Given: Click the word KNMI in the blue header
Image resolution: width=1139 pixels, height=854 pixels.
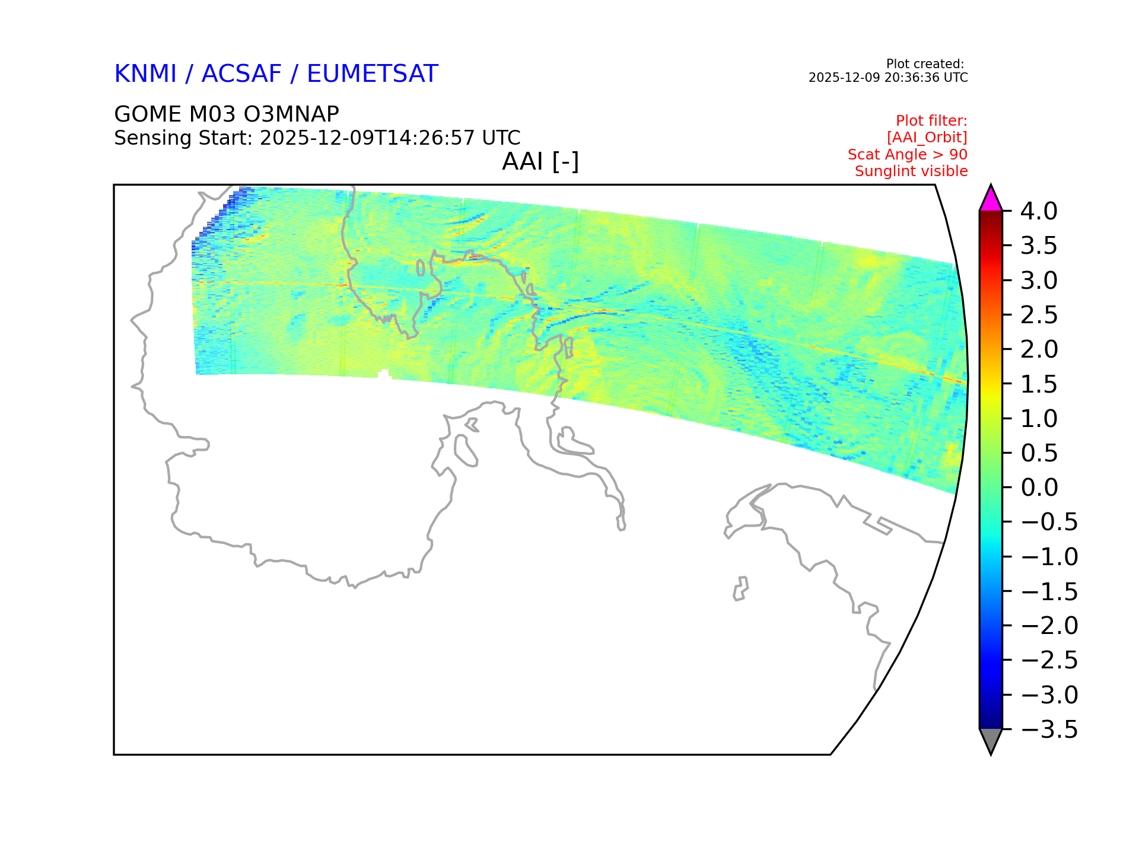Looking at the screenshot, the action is click(x=145, y=74).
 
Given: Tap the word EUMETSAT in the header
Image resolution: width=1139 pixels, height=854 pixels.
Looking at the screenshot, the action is click(x=373, y=74).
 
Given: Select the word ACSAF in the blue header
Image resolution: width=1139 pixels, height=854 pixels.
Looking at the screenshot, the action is click(x=241, y=74).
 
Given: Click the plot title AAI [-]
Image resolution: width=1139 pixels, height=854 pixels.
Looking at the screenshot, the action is click(x=540, y=162).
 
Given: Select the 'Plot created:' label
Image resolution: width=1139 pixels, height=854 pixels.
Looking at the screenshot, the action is click(x=925, y=64).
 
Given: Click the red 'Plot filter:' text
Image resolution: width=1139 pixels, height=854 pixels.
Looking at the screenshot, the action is click(x=931, y=121).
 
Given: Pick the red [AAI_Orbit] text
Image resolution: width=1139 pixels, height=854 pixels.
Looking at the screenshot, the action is click(x=927, y=138).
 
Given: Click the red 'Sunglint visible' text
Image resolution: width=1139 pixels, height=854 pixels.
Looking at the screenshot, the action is click(x=911, y=171).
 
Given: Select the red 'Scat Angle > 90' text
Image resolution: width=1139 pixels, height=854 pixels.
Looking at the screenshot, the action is click(x=908, y=155).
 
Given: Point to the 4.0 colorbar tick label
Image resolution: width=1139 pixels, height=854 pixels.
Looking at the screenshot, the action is click(x=1039, y=211).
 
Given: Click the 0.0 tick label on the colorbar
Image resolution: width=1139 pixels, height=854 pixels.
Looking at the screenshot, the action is click(x=1039, y=487).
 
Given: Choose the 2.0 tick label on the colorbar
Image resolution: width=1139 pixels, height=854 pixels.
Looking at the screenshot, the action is click(x=1039, y=349).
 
